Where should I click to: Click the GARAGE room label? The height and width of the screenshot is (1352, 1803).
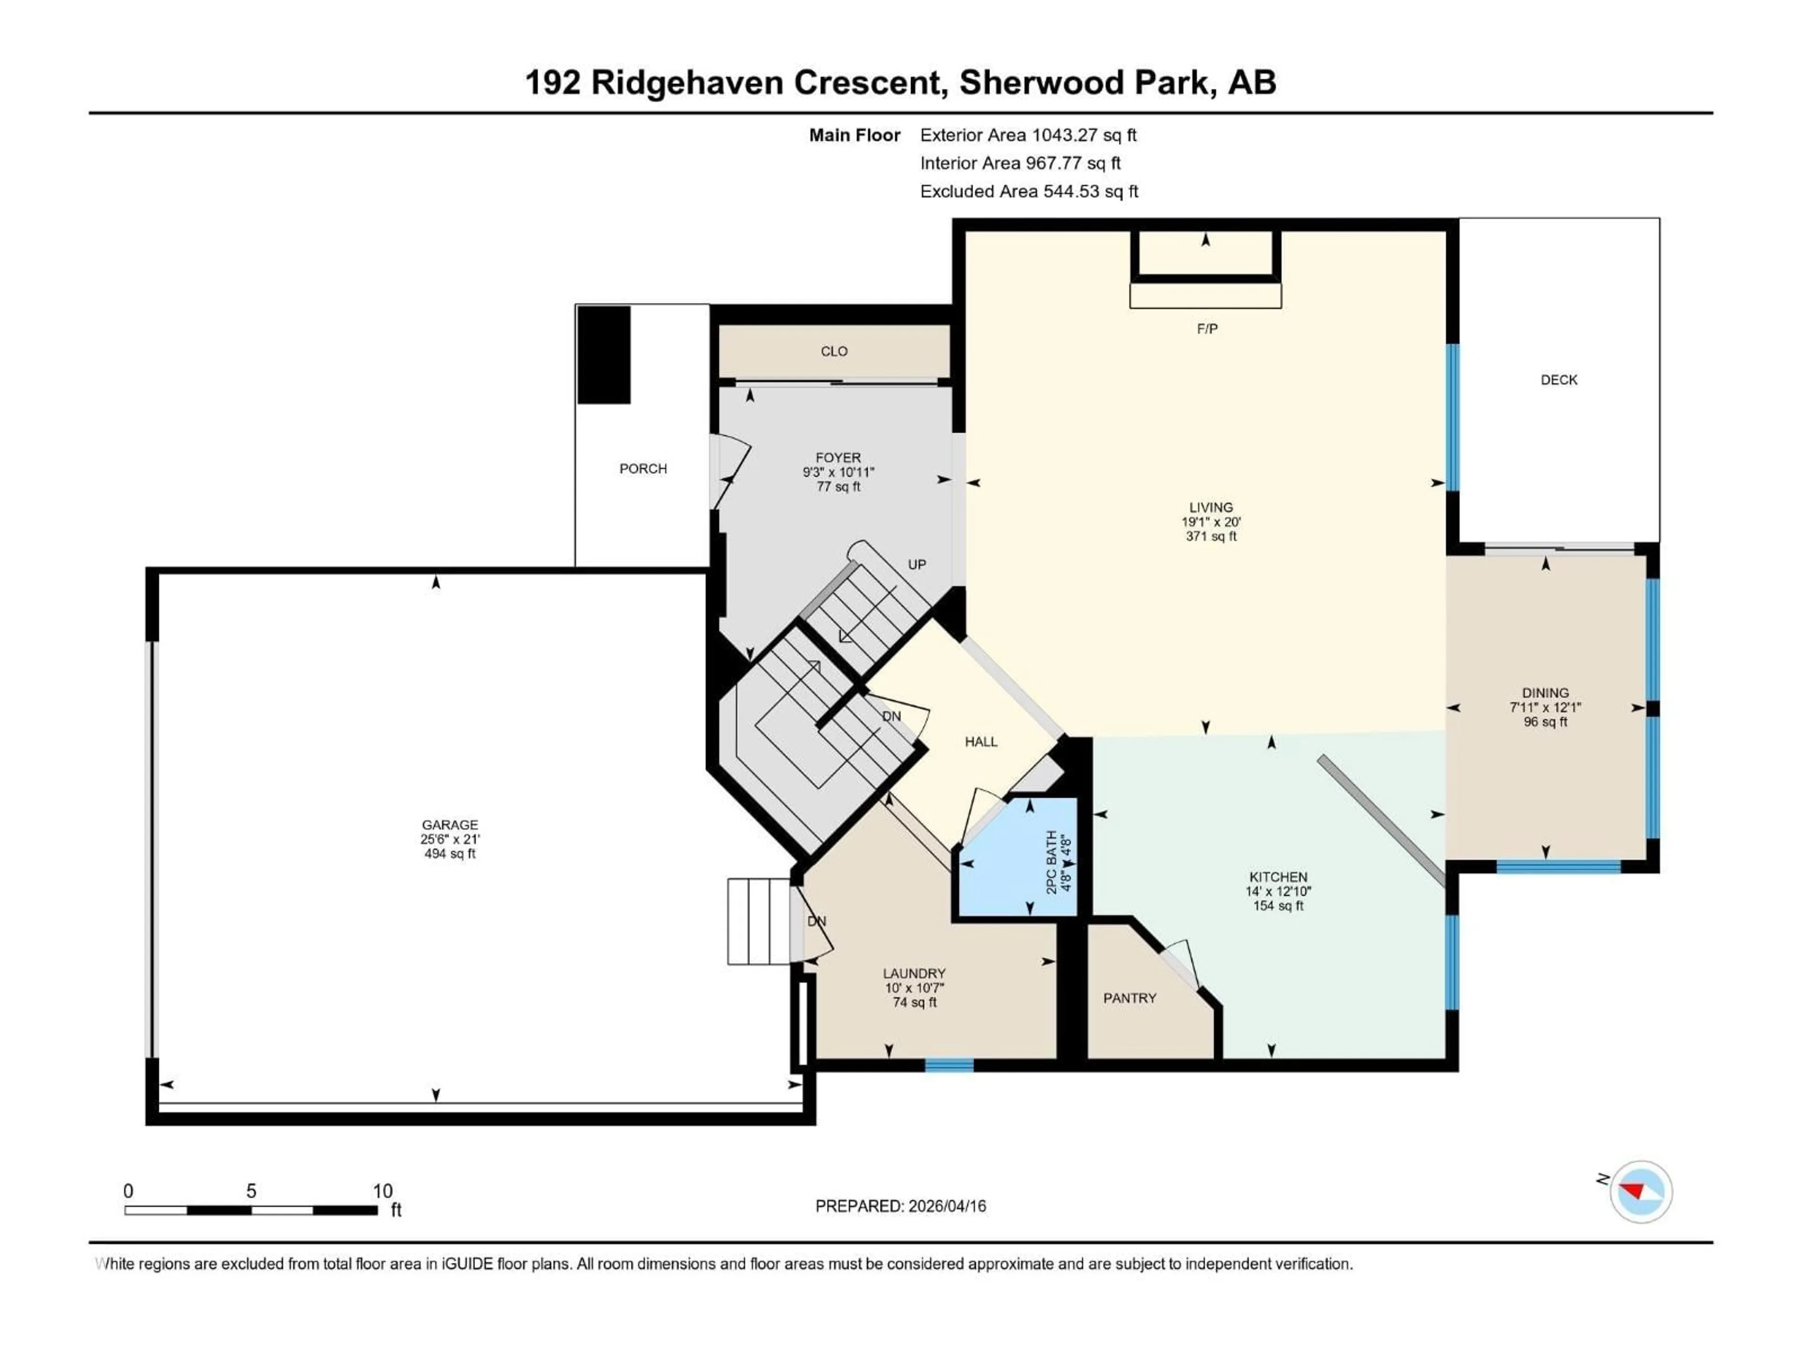point(449,825)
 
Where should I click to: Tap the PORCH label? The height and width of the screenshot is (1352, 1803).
point(643,469)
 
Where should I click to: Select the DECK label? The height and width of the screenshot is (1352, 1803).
point(1558,380)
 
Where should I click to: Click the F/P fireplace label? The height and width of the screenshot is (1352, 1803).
point(1207,329)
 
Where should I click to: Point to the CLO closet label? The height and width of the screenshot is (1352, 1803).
point(834,351)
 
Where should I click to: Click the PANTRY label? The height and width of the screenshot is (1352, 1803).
point(1130,999)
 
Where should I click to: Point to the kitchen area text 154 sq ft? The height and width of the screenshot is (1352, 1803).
point(1278,906)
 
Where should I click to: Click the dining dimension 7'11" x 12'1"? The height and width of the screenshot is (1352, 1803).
point(1545,707)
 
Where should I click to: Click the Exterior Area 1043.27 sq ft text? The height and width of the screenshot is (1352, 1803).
point(1028,135)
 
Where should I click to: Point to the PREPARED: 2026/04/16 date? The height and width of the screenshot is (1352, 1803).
point(900,1206)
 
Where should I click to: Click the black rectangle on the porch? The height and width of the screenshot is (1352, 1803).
point(604,355)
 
